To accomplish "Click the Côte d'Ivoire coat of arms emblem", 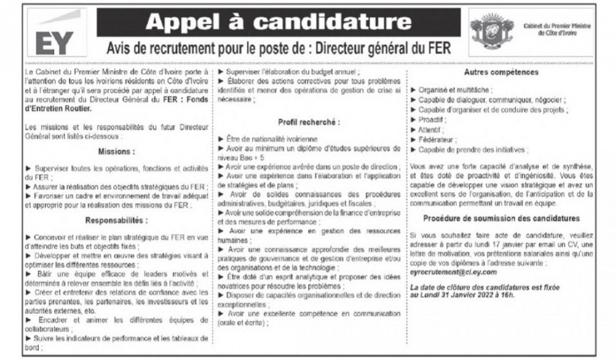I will tap(491, 28).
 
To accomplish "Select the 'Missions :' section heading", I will tap(116, 151).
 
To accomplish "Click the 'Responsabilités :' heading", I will tap(116, 219).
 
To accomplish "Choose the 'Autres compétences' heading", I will tap(501, 72).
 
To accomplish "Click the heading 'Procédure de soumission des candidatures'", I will tap(501, 218).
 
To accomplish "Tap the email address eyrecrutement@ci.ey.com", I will tap(453, 272).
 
